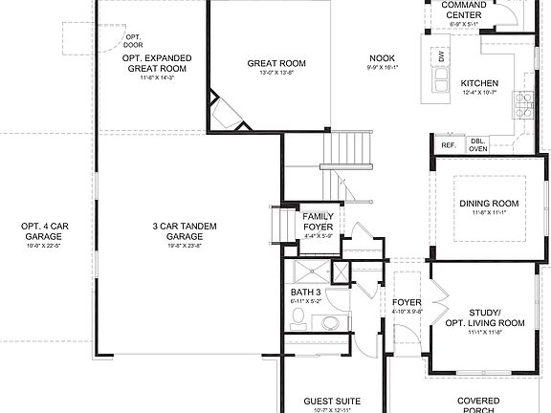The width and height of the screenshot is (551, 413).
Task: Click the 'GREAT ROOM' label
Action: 275,64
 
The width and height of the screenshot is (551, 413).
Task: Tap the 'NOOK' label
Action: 382,58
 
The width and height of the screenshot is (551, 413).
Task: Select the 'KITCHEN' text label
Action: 479,82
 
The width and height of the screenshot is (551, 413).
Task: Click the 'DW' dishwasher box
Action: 441,57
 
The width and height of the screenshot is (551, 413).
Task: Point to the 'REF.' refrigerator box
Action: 448,145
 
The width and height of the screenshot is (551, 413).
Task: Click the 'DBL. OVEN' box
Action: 477,145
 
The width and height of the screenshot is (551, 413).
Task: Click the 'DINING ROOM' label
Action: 489,203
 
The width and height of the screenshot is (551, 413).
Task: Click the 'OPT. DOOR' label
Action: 133,40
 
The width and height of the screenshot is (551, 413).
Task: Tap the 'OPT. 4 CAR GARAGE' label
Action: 43,230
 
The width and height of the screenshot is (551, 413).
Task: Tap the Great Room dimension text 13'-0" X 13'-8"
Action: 275,73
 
